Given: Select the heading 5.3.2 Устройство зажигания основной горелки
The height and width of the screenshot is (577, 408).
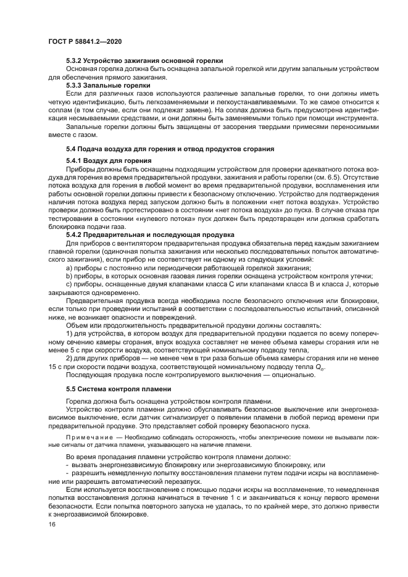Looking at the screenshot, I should [144, 60].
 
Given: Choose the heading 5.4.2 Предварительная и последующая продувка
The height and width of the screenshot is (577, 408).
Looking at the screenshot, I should [150, 235].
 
